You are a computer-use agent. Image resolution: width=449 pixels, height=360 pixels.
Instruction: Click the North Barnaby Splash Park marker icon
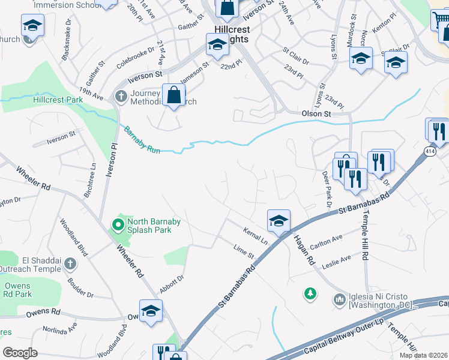(x=118, y=226)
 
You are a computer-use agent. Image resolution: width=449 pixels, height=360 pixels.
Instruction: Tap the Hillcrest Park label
(x=58, y=100)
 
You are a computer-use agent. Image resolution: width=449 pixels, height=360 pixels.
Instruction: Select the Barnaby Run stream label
(x=142, y=140)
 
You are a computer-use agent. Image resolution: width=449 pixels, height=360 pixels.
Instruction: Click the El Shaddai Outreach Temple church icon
(x=70, y=264)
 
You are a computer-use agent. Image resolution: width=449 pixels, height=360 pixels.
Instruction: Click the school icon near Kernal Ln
(x=279, y=221)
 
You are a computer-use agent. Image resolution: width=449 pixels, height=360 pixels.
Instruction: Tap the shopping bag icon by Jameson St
(x=173, y=95)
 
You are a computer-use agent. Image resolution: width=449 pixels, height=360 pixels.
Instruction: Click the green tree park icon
(x=310, y=294)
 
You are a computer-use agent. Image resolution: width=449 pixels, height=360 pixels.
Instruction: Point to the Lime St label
(x=244, y=251)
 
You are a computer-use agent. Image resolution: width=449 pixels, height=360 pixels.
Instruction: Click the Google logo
(x=20, y=353)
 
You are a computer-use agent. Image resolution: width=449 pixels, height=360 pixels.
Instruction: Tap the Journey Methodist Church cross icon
(x=121, y=95)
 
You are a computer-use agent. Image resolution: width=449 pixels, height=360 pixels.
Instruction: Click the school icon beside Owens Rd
(x=151, y=311)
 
